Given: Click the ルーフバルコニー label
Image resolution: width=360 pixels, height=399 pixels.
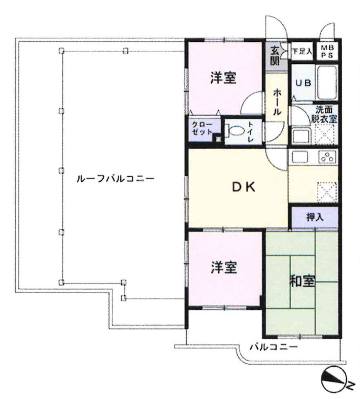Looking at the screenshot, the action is pyautogui.click(x=116, y=179).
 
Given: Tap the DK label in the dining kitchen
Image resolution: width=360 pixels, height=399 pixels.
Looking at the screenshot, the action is pyautogui.click(x=243, y=187).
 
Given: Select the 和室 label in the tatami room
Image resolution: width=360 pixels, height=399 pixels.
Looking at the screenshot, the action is pyautogui.click(x=303, y=281).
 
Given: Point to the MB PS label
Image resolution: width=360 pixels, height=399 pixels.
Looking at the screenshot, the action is pyautogui.click(x=327, y=52).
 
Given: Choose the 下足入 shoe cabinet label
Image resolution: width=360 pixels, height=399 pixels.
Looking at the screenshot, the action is pyautogui.click(x=302, y=52).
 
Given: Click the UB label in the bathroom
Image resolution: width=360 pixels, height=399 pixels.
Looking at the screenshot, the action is pyautogui.click(x=303, y=83).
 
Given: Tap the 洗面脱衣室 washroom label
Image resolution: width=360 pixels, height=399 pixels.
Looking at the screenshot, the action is pyautogui.click(x=324, y=114).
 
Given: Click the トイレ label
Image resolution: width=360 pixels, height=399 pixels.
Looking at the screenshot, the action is pyautogui.click(x=251, y=132).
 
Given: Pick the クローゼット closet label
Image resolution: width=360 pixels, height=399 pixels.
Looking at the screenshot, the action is pyautogui.click(x=202, y=128).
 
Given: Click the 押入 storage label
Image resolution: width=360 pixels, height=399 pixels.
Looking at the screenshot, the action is pyautogui.click(x=315, y=217).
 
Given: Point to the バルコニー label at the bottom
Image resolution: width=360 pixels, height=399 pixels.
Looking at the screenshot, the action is pyautogui.click(x=274, y=347).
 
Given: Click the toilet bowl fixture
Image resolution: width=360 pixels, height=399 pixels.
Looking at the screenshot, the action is pyautogui.click(x=234, y=131).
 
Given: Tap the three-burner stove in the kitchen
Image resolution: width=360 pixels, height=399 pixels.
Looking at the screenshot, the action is pyautogui.click(x=327, y=157).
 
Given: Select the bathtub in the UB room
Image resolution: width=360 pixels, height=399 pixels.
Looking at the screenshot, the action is pyautogui.click(x=327, y=83).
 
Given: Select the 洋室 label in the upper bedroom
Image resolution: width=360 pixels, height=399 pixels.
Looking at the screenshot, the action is pyautogui.click(x=223, y=78).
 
